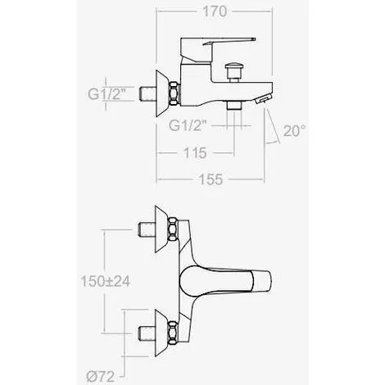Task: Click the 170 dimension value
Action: click(x=215, y=11)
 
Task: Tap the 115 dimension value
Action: click(x=195, y=153)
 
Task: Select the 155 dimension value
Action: click(x=211, y=179)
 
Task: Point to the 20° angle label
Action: click(x=294, y=130)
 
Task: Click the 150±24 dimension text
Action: click(x=106, y=281)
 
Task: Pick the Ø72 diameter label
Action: click(x=101, y=377)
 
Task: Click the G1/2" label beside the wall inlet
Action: click(x=106, y=94)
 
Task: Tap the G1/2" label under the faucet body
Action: click(x=188, y=125)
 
